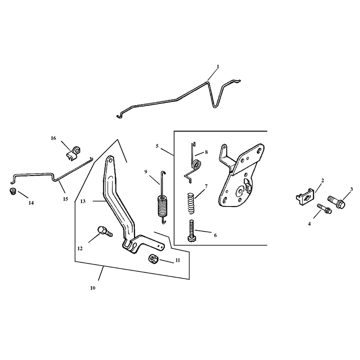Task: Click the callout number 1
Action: pos(218,67)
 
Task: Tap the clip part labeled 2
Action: pos(305,197)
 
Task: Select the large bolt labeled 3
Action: pos(336,202)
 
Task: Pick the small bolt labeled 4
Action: pos(324,208)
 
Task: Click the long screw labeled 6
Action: pos(192,230)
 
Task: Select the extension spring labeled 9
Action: pos(162,198)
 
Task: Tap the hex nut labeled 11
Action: pos(153,259)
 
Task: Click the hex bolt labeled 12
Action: pos(105,231)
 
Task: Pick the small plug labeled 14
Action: pos(13,191)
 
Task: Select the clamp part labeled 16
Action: pos(73,153)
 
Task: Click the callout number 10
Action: pos(93,288)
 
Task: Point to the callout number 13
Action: pos(83,201)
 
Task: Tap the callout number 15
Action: pos(65,199)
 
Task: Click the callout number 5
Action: pos(157,146)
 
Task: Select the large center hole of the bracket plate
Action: pos(241,191)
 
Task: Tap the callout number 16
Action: pos(53,138)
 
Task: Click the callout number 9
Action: pos(145,172)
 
